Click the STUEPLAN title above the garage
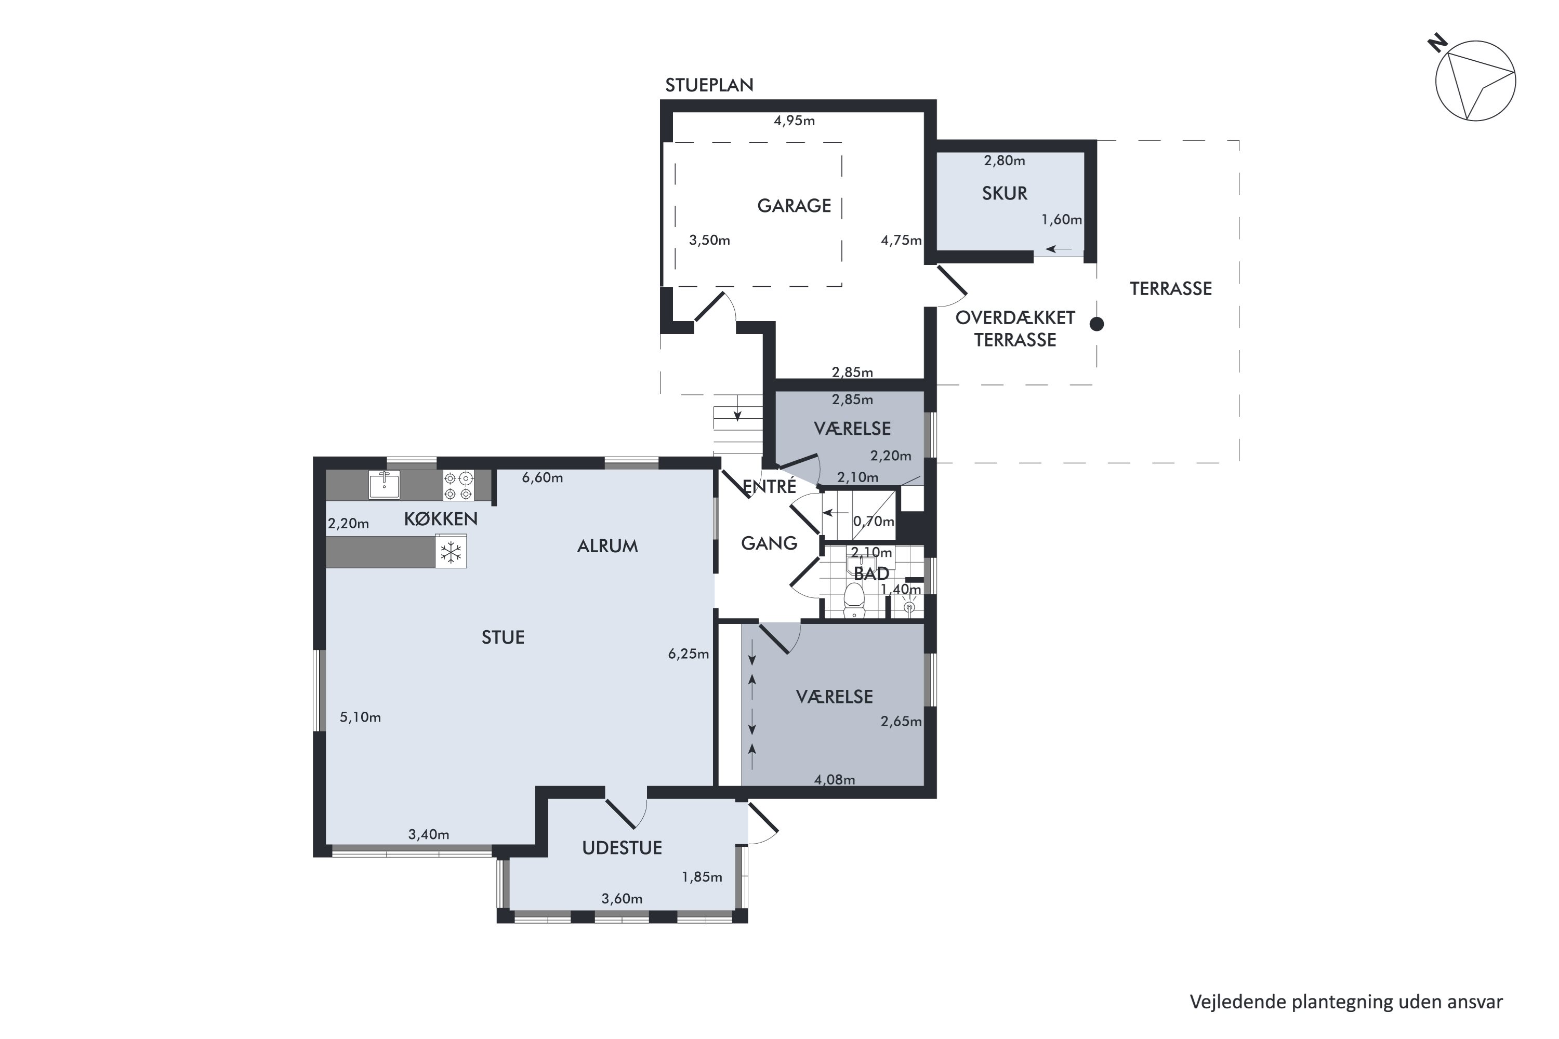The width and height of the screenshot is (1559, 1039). (x=709, y=85)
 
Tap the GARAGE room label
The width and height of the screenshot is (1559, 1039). (x=794, y=206)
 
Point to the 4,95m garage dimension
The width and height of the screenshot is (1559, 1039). (x=794, y=121)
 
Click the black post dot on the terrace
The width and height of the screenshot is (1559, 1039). (x=1097, y=324)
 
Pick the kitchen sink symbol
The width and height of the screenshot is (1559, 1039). (x=385, y=484)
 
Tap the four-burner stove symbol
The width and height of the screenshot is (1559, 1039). (x=459, y=485)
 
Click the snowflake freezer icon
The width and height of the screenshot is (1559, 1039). (x=451, y=552)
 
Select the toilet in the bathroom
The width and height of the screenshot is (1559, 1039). (x=854, y=600)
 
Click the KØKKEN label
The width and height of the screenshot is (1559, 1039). (x=441, y=519)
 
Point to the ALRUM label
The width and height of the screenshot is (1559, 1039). (x=607, y=546)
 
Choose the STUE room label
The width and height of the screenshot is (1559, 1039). (x=503, y=637)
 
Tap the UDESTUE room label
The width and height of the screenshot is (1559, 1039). (x=622, y=848)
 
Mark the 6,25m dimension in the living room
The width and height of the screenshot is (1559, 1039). (x=689, y=654)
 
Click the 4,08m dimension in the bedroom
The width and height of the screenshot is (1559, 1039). (x=835, y=780)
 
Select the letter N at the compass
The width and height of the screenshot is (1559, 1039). (x=1437, y=44)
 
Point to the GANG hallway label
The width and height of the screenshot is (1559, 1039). (x=769, y=543)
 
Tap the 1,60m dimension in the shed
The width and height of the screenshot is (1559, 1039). (x=1062, y=219)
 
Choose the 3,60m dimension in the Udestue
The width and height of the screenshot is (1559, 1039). (x=622, y=899)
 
